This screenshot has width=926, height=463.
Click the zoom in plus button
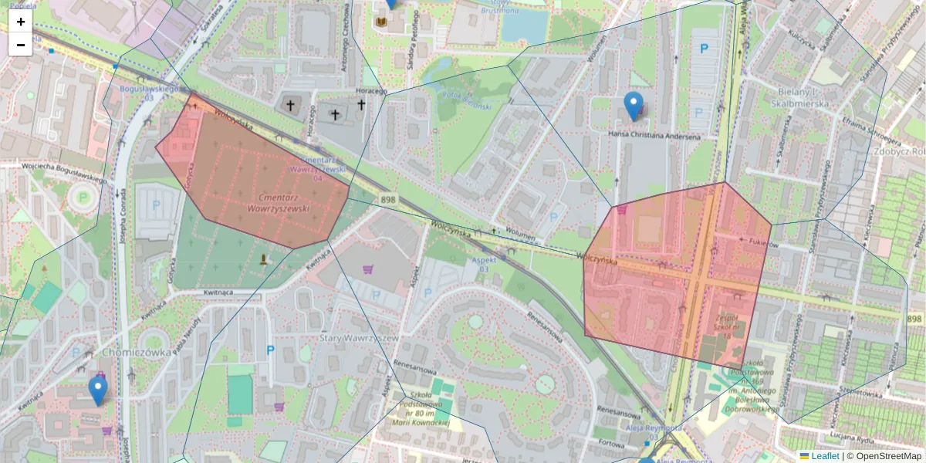21,22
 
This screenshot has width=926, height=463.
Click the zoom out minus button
21,45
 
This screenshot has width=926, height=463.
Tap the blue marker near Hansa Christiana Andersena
633,106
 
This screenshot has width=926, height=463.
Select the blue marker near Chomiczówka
97,390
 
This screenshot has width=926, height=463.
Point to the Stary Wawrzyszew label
357,338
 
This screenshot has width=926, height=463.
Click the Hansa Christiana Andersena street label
654,137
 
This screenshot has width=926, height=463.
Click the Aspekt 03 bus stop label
484,265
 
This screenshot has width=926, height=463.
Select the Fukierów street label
763,241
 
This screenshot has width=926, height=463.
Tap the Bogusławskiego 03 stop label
150,93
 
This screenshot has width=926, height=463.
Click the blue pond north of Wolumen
524,25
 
